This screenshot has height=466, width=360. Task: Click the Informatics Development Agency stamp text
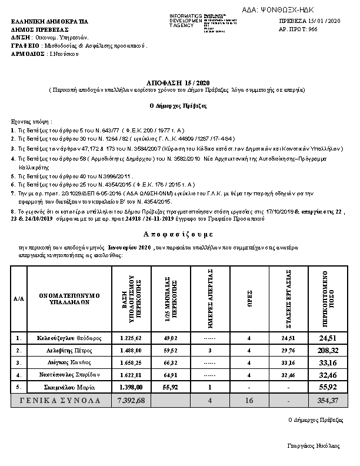pos(185,22)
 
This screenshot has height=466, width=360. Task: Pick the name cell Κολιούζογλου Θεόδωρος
pos(69,338)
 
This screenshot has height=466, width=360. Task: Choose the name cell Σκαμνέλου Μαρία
pos(69,387)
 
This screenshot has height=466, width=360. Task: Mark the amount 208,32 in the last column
pos(328,350)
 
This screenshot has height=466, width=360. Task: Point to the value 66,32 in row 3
pos(171,362)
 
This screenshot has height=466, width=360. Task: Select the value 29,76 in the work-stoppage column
pos(288,351)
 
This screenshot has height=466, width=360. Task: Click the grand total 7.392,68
pos(131,400)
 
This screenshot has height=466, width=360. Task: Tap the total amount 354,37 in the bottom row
pos(328,400)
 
